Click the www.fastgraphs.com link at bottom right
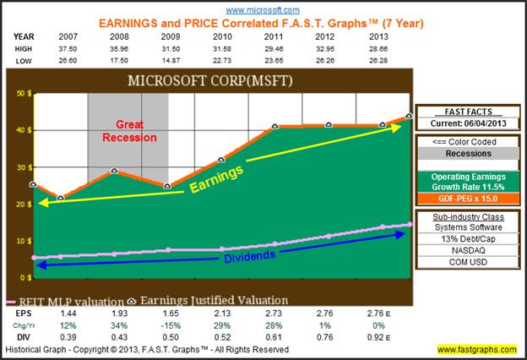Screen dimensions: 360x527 coord(477,349)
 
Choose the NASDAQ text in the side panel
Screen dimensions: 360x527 coord(462,251)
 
